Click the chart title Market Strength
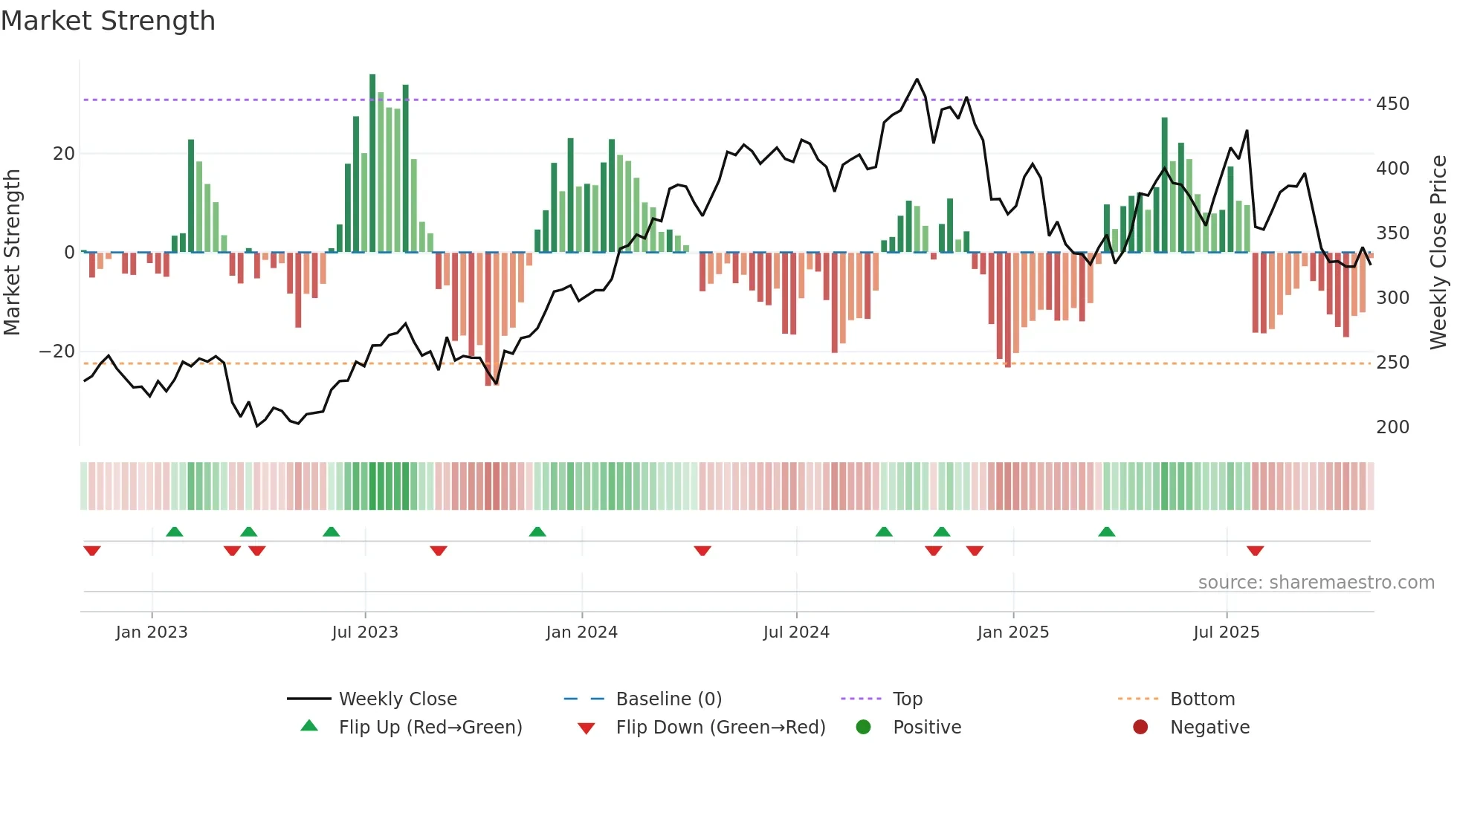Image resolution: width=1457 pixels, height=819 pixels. (x=108, y=21)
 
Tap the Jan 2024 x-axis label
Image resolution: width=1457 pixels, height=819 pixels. (x=581, y=632)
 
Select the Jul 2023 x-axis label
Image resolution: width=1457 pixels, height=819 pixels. (x=365, y=632)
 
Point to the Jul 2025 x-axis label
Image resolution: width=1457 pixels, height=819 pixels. (x=1227, y=632)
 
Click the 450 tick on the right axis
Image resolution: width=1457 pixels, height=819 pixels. (x=1392, y=103)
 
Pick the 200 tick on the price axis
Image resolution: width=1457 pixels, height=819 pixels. (x=1392, y=427)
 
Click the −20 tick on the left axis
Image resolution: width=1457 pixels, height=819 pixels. (x=57, y=352)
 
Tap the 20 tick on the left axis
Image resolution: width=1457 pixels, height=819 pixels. (x=64, y=154)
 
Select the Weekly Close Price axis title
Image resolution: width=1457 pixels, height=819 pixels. (x=1439, y=253)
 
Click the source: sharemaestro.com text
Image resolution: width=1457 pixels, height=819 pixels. (x=1316, y=583)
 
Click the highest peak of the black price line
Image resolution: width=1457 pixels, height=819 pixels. (x=917, y=80)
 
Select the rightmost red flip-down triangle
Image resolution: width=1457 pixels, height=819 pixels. (x=1256, y=551)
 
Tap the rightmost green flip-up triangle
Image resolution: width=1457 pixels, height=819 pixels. (x=1106, y=532)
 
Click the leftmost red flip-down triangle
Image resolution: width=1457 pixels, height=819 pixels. (x=92, y=551)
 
